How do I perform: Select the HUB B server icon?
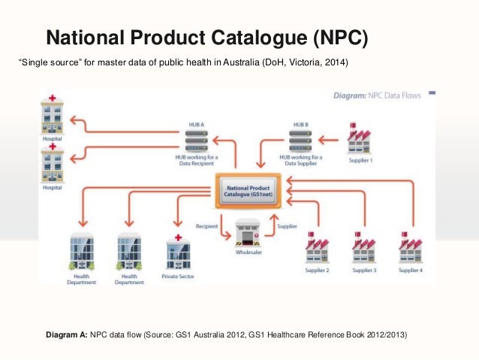click(300, 139)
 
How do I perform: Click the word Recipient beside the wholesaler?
click(208, 225)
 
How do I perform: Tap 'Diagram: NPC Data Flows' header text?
click(377, 95)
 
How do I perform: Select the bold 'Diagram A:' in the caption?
click(67, 334)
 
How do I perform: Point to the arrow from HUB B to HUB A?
click(247, 138)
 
